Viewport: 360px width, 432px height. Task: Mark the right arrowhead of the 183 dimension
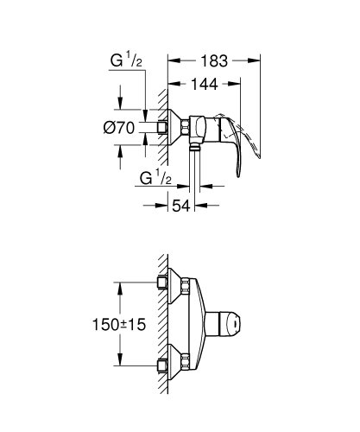tap(256, 60)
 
